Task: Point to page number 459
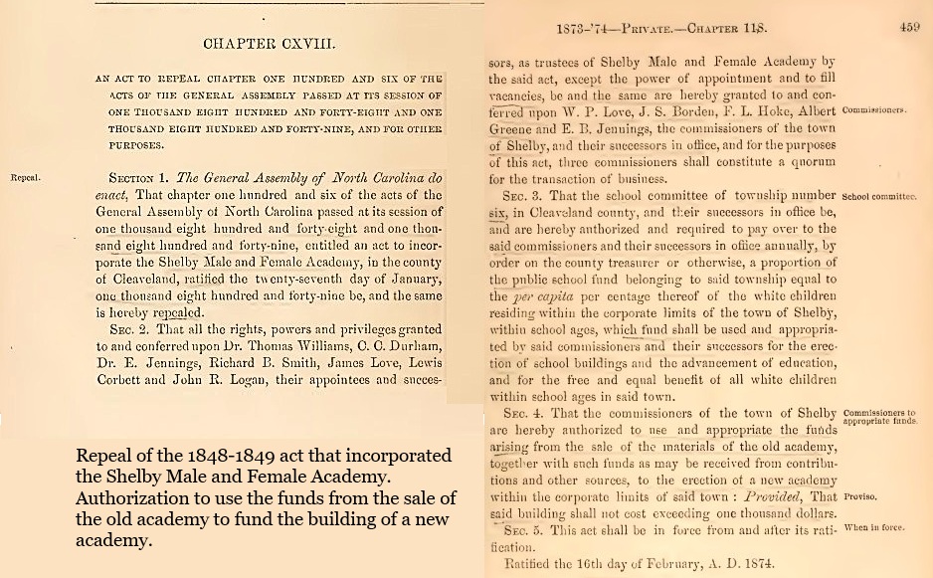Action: [909, 29]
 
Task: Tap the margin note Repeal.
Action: [24, 179]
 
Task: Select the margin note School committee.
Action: [879, 197]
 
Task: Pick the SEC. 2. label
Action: [125, 330]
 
